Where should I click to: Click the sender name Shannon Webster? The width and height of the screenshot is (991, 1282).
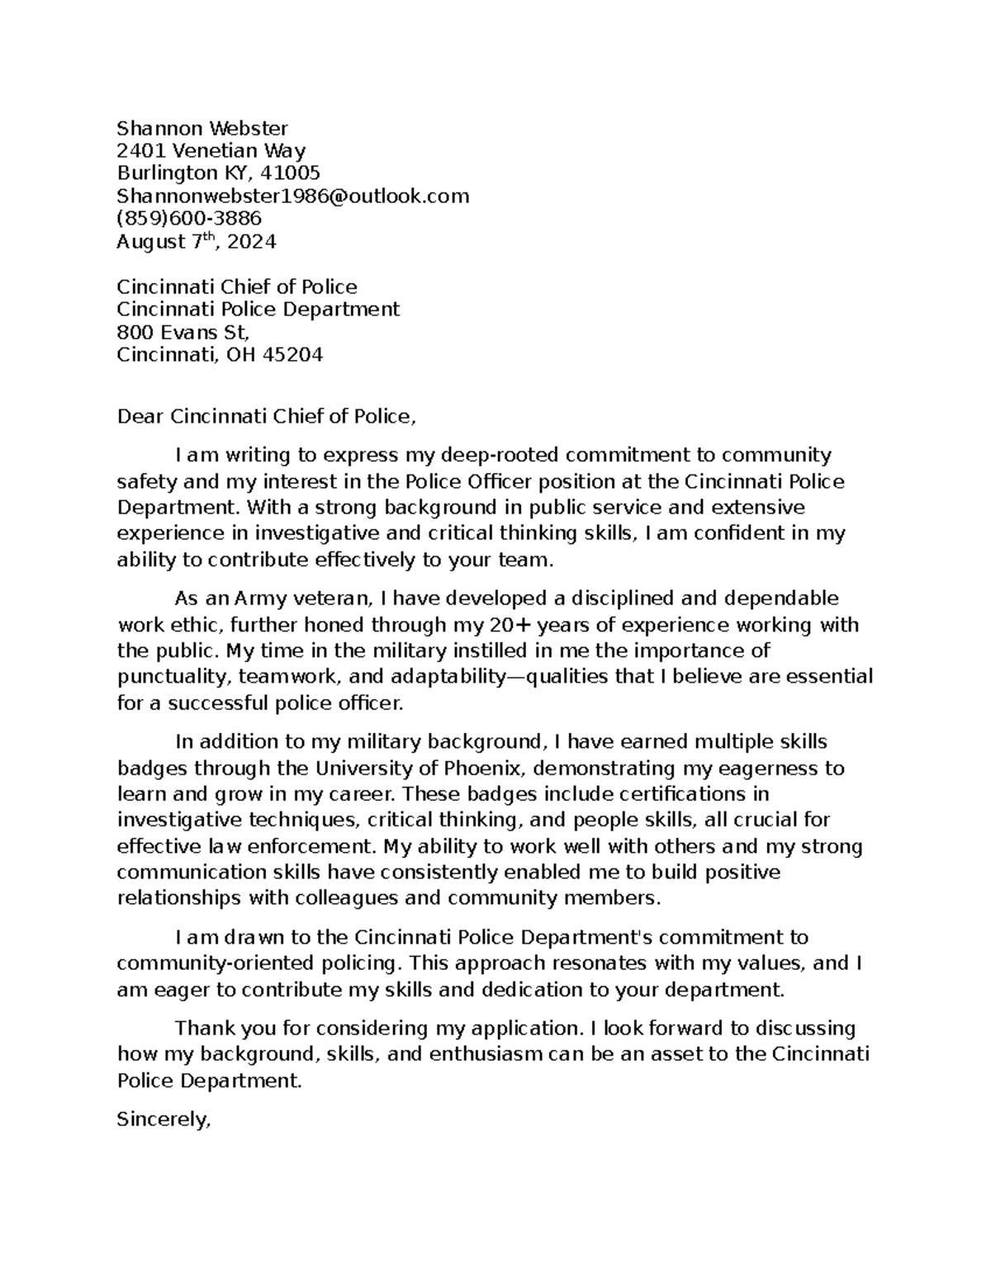(x=202, y=128)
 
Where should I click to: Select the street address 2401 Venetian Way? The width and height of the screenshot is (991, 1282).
(x=211, y=151)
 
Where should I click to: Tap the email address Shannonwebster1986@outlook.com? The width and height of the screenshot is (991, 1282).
(x=292, y=196)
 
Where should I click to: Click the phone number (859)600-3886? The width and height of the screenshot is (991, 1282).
(x=189, y=219)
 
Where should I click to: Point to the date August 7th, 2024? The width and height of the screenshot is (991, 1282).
(x=197, y=242)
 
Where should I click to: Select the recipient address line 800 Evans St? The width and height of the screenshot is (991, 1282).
(x=183, y=333)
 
